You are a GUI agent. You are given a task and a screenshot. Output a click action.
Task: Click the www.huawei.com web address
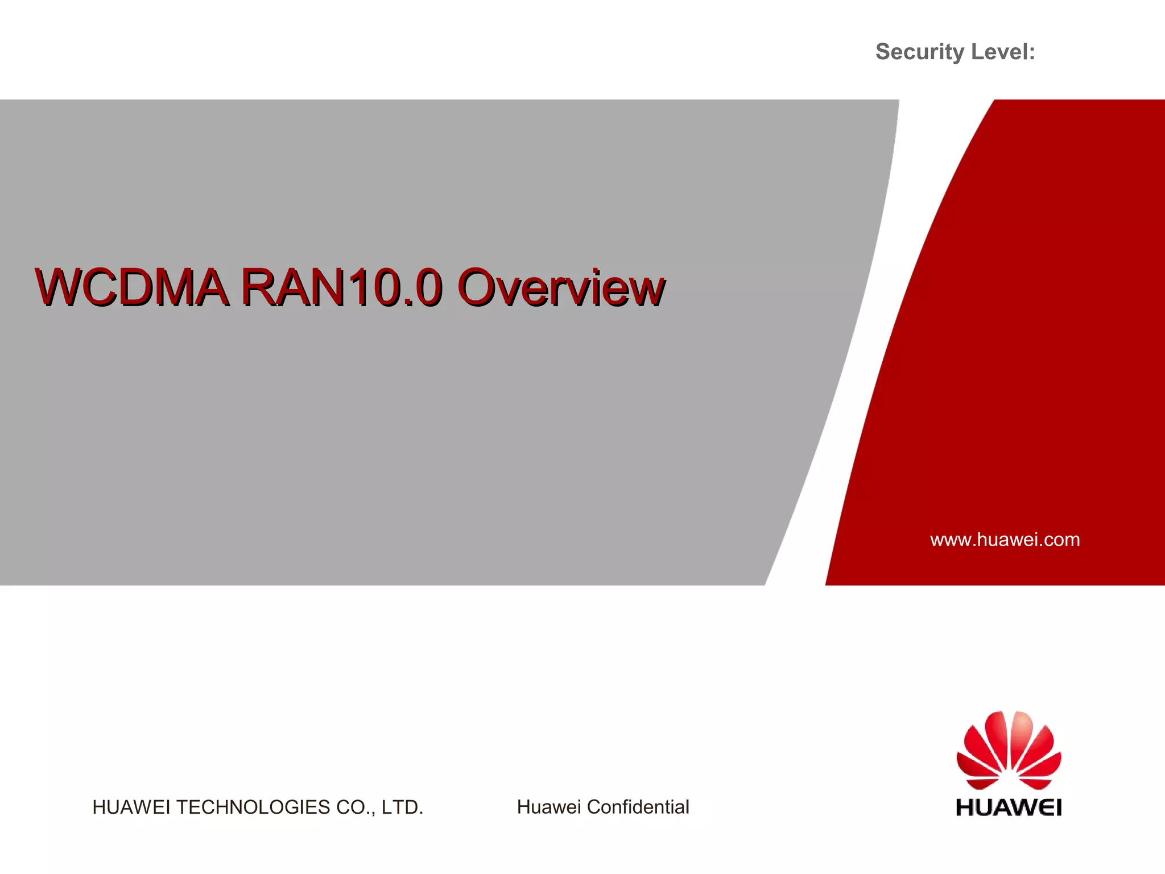pos(1005,539)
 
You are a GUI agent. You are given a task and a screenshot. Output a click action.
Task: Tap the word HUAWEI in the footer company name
pos(131,807)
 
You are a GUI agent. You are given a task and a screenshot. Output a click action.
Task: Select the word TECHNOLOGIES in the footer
pos(253,807)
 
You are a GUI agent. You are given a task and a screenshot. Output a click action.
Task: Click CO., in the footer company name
pos(356,807)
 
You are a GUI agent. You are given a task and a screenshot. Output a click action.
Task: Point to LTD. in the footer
pos(402,807)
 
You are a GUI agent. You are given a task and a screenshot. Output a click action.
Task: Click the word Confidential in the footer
pos(638,807)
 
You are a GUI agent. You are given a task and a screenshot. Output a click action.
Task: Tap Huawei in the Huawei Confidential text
pos(548,807)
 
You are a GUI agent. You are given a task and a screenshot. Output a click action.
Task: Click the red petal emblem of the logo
pos(1009,751)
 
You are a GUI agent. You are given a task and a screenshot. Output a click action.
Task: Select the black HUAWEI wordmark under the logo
pos(1009,807)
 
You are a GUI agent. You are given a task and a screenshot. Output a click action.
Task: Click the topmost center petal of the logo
pos(1022,734)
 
